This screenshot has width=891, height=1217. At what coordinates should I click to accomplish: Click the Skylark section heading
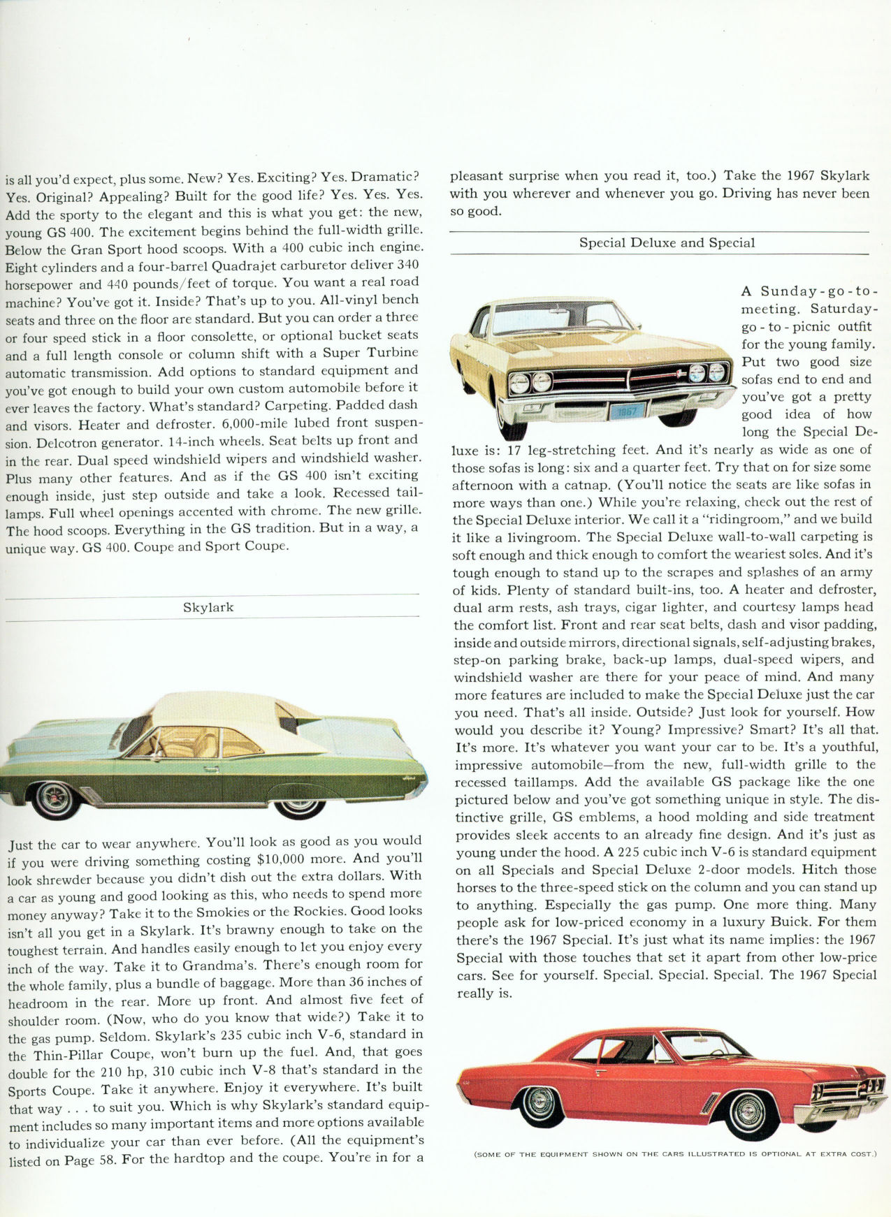[x=208, y=608]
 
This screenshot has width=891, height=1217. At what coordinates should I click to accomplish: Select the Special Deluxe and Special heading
[x=667, y=243]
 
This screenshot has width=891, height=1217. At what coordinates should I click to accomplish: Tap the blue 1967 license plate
[x=628, y=411]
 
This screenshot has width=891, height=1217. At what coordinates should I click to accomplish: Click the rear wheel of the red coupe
[x=540, y=1102]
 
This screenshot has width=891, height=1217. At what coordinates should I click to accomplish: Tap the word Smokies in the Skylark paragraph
[x=219, y=912]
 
